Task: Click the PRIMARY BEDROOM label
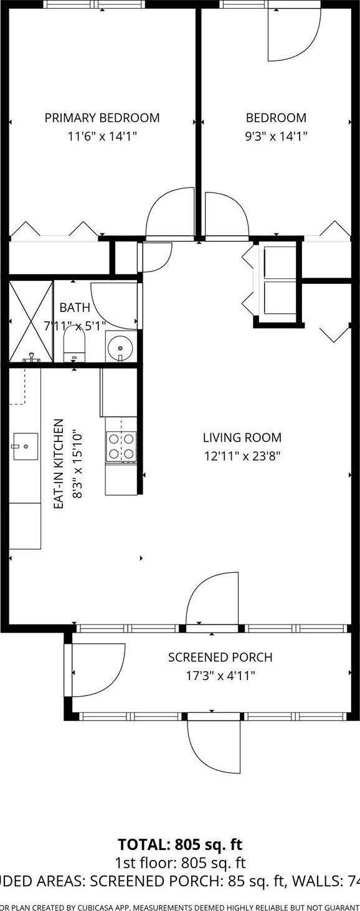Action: point(102,118)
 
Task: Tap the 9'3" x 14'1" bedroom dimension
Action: point(276,136)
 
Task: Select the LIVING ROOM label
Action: point(242,438)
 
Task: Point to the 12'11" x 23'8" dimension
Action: point(242,456)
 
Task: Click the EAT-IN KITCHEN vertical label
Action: point(59,464)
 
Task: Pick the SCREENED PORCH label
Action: point(220,657)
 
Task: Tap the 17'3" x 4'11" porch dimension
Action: point(220,675)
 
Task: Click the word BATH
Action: point(75,308)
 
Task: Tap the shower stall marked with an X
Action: point(31,321)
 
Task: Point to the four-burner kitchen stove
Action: point(121,446)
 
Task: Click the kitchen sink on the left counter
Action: point(25,446)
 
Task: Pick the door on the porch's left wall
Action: point(97,671)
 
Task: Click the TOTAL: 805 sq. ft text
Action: point(180,845)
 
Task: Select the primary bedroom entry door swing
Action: point(171,214)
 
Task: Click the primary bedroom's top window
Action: point(95,4)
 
